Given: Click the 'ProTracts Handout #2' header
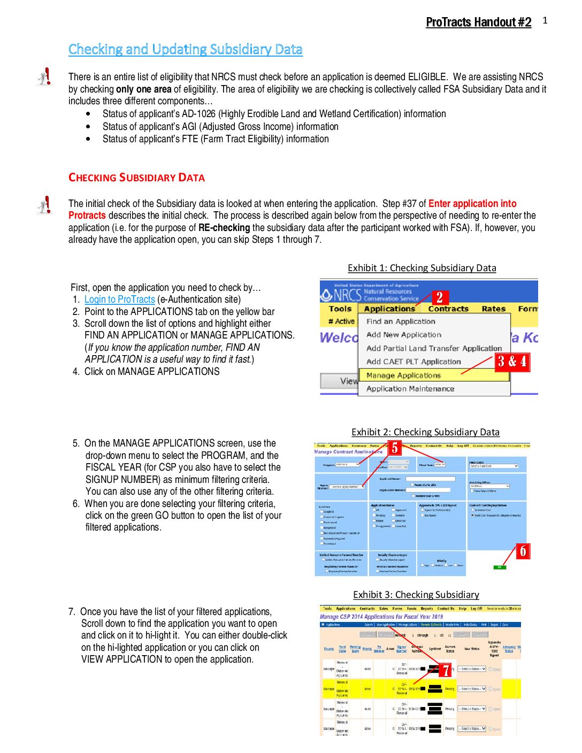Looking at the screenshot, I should tap(478, 22).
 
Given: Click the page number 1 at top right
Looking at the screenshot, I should tap(545, 20).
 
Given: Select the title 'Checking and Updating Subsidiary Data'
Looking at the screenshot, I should tap(185, 49).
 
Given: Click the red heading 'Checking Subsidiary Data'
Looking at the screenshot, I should tap(136, 178).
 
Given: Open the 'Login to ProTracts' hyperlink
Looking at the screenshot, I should tap(119, 299).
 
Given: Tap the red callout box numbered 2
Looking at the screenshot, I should tap(439, 297).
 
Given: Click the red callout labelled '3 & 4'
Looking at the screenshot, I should tap(512, 362).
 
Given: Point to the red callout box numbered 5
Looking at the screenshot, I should tap(394, 448).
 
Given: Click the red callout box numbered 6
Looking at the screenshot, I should tap(523, 551).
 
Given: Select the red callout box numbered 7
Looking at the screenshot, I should tap(445, 670).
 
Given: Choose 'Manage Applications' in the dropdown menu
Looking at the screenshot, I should tap(403, 375).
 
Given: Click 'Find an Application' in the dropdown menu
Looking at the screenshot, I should tap(400, 321).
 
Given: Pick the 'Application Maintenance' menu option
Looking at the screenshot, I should tap(410, 389).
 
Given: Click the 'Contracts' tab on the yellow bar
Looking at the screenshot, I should tap(448, 309).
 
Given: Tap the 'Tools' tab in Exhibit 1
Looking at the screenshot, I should tap(340, 309).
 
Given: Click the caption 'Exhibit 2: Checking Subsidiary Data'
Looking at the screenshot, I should tap(425, 432).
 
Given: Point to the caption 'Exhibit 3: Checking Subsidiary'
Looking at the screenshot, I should tap(416, 595).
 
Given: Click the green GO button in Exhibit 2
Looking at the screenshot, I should tap(499, 567).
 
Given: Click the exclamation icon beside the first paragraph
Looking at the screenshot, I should tap(45, 76).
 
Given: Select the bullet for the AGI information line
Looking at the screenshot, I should tap(88, 127).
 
